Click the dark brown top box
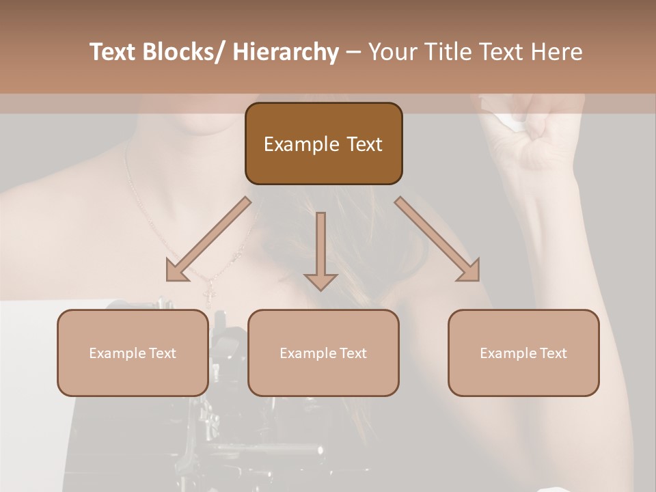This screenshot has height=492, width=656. tap(323, 143)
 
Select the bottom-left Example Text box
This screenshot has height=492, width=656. tap(133, 353)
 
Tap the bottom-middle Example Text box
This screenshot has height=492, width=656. tap(323, 353)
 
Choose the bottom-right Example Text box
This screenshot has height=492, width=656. tap(523, 353)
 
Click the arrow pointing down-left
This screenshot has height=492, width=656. tap(208, 240)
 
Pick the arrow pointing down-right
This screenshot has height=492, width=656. tap(437, 239)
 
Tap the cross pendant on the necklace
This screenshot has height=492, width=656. tap(210, 295)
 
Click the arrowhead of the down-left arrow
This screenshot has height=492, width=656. tap(176, 271)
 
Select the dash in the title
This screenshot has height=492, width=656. tap(353, 53)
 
